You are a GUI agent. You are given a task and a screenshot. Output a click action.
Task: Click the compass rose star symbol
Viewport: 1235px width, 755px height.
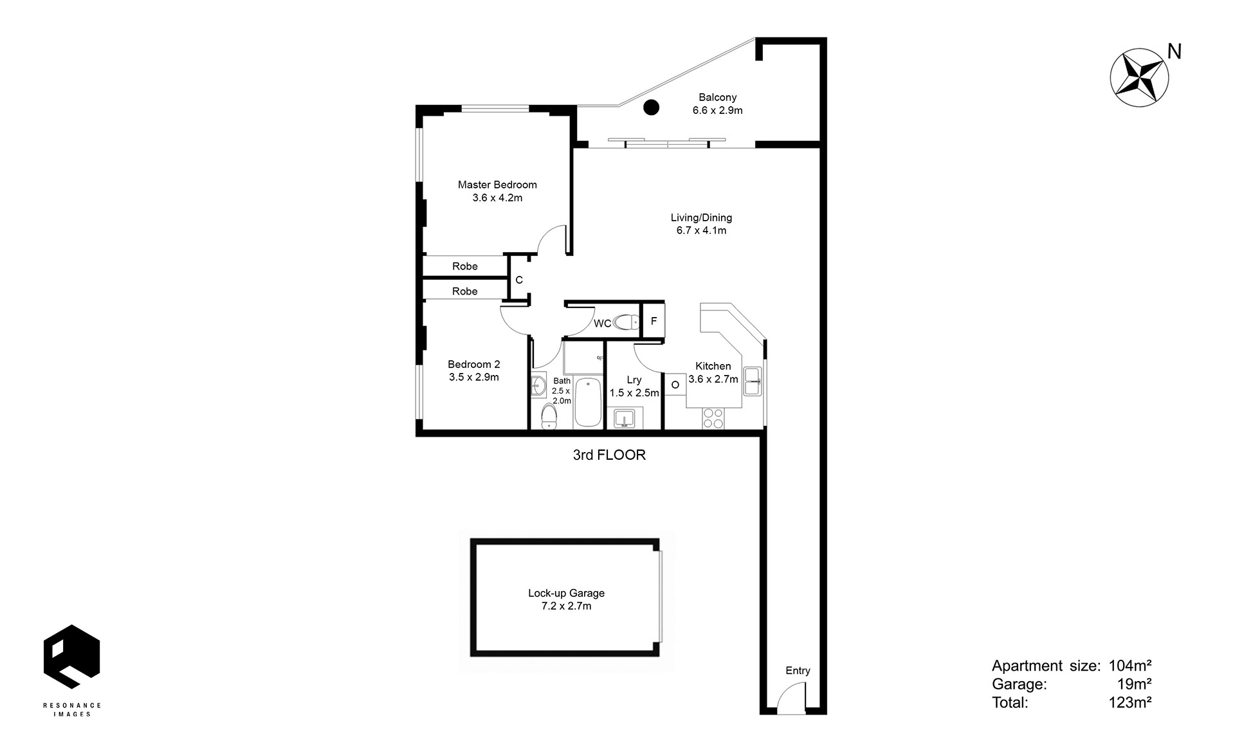pyautogui.click(x=1140, y=77)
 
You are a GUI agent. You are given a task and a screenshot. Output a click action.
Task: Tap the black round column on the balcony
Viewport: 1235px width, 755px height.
pyautogui.click(x=652, y=107)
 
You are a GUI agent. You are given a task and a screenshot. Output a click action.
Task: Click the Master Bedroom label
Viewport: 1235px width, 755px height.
pyautogui.click(x=497, y=185)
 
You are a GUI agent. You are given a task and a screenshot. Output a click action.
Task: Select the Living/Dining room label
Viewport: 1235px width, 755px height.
pyautogui.click(x=701, y=217)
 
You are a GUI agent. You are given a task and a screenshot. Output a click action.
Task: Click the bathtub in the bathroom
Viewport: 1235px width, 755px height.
pyautogui.click(x=587, y=403)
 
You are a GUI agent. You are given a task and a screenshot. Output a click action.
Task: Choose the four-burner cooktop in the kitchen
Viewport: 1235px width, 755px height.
pyautogui.click(x=713, y=419)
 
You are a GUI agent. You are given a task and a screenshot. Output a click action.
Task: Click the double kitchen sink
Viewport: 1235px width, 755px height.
pyautogui.click(x=753, y=381)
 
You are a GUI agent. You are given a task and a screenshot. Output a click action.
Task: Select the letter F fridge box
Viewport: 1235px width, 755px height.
pyautogui.click(x=654, y=320)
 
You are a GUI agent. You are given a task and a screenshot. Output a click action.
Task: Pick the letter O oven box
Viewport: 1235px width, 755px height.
pyautogui.click(x=675, y=385)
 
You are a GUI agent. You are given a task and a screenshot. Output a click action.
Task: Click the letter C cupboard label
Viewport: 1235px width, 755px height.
pyautogui.click(x=519, y=280)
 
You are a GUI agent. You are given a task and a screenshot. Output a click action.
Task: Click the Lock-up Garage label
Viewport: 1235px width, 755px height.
pyautogui.click(x=567, y=594)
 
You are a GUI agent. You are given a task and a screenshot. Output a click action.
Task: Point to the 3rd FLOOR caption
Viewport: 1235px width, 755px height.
pyautogui.click(x=609, y=455)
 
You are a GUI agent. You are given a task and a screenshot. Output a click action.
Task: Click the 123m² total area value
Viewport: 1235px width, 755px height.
pyautogui.click(x=1130, y=702)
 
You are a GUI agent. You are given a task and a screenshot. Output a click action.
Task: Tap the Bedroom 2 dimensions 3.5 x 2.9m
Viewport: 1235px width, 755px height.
pyautogui.click(x=474, y=377)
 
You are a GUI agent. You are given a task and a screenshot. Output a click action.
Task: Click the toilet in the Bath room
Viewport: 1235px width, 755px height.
pyautogui.click(x=549, y=416)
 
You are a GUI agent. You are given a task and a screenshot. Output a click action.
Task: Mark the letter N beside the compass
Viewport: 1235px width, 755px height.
pyautogui.click(x=1175, y=51)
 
